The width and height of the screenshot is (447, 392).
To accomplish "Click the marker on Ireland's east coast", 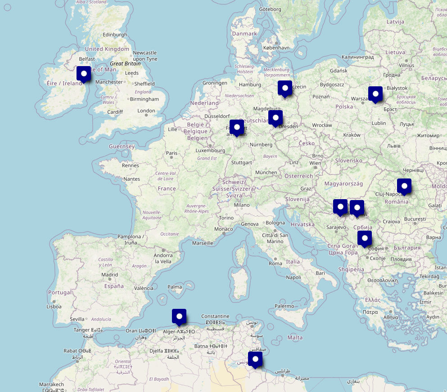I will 84,74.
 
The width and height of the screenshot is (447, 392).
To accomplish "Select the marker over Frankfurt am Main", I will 237,127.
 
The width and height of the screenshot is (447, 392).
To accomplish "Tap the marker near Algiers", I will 179,316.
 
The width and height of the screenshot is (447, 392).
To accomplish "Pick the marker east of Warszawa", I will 375,94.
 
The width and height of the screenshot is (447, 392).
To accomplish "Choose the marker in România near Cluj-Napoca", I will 404,186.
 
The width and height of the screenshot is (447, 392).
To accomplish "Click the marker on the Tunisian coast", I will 255,359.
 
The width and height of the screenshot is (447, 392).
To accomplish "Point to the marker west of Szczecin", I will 285,88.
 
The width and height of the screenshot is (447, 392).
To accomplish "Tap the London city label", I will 146,111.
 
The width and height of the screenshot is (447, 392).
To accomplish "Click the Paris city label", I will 172,153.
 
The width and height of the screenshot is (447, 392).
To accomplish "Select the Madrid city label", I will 109,275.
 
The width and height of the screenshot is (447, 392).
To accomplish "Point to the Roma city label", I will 275,263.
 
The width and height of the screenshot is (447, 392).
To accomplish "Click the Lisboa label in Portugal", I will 54,307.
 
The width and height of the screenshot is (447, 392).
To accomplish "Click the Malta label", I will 295,338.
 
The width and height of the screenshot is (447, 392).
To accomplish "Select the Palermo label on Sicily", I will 284,306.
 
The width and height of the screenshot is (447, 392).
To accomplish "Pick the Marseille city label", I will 203,243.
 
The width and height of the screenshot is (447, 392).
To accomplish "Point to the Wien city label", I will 315,163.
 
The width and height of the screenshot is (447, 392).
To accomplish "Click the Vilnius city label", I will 406,65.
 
